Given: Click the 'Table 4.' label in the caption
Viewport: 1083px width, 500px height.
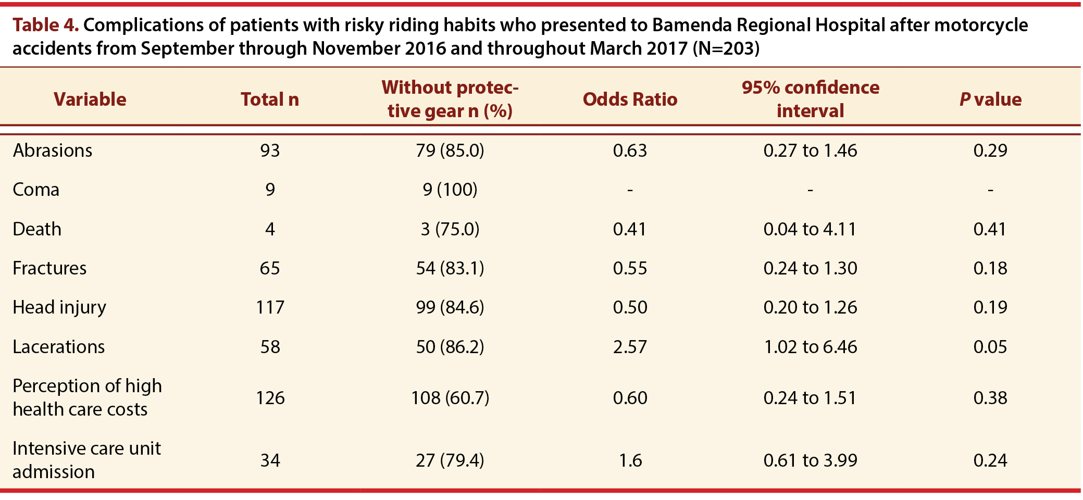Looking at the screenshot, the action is (x=46, y=25).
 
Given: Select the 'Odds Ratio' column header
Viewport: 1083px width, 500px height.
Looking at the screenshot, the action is (x=630, y=99).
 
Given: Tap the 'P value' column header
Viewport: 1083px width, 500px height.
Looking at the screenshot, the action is (x=990, y=99).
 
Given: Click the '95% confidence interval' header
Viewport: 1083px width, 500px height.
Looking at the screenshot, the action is (x=810, y=99).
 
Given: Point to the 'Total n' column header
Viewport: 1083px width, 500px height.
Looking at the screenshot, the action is (x=270, y=99).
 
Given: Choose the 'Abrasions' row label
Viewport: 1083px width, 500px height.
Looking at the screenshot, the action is (x=53, y=151).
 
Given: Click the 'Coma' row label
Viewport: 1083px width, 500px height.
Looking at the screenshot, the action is (x=36, y=190).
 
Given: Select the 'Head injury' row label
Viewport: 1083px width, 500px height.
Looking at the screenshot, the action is (x=59, y=307).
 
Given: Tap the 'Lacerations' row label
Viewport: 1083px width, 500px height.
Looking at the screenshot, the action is (x=59, y=347).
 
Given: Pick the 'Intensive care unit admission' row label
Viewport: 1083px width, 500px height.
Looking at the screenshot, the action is (x=87, y=460).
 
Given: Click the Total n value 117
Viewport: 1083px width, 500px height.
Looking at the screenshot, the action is (x=270, y=307).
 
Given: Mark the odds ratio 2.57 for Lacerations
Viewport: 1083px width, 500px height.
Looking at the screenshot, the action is (x=630, y=347).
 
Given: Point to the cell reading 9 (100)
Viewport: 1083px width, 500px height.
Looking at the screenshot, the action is (x=450, y=190).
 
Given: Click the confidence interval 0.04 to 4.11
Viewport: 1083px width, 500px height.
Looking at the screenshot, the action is (x=810, y=229).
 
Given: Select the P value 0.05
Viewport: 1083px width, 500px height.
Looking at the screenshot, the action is (x=990, y=347).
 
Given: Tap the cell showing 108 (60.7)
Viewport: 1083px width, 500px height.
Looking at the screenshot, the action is (x=450, y=398).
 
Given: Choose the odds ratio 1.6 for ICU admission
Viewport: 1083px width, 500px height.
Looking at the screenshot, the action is (x=630, y=460).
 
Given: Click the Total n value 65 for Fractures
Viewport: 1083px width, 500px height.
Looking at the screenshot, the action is (x=270, y=268).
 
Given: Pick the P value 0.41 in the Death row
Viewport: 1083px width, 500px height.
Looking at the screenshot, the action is (x=990, y=229).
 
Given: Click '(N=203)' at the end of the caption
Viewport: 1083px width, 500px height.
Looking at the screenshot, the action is (x=726, y=48).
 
